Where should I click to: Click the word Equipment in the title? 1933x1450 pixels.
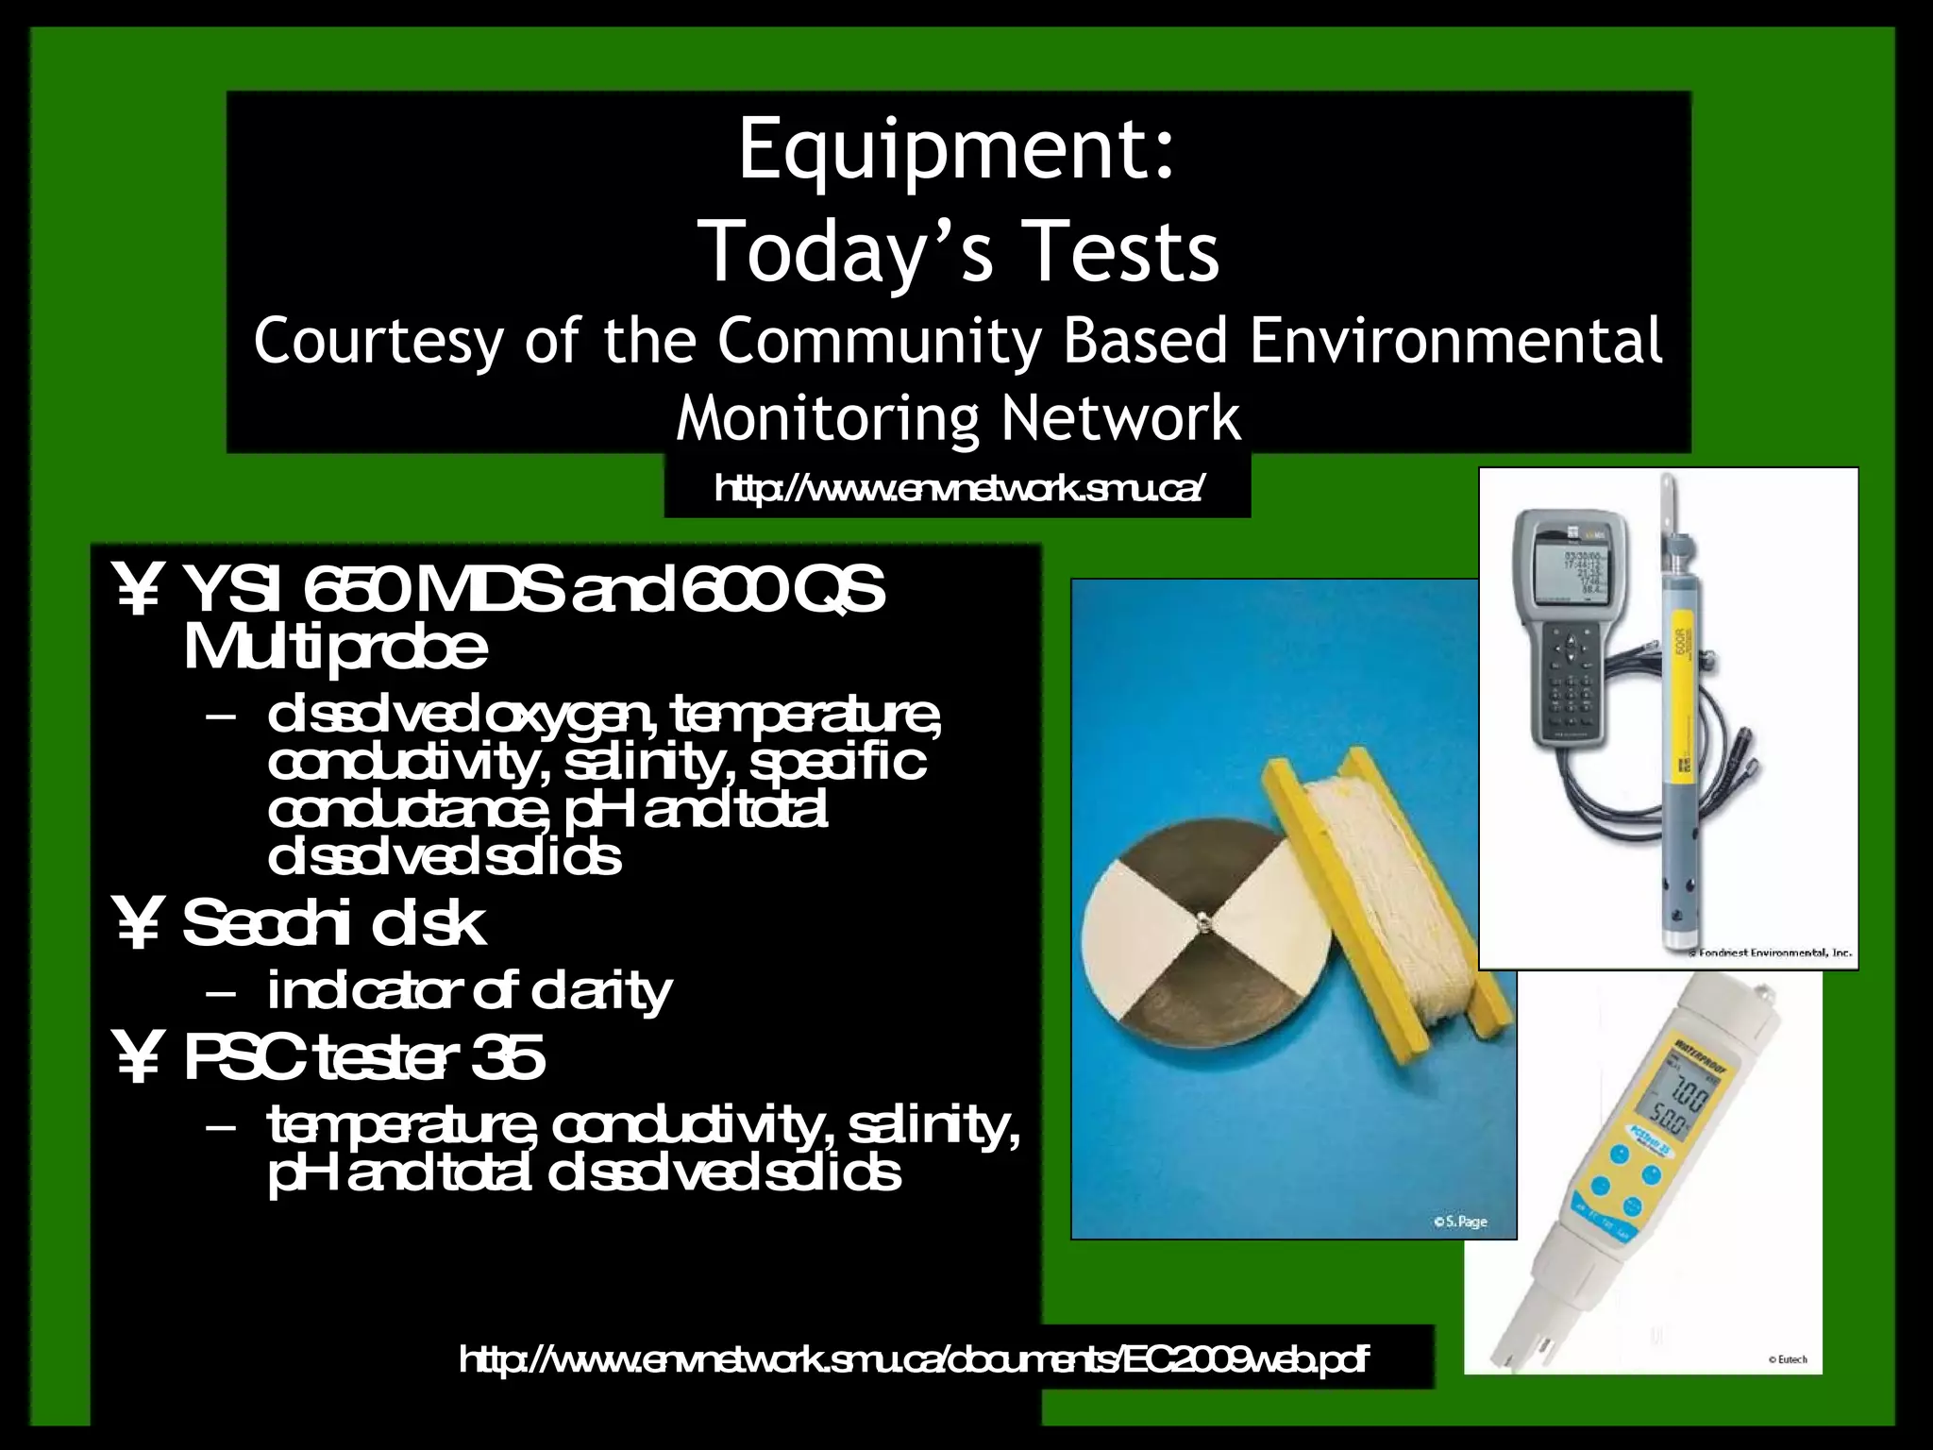953,151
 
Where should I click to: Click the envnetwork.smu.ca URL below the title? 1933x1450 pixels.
958,489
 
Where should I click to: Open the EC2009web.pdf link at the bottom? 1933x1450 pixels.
914,1360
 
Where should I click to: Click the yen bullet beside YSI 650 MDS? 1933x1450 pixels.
138,592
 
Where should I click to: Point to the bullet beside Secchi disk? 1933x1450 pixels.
138,925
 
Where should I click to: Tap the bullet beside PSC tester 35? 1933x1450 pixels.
138,1059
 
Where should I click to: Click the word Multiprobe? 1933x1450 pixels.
335,649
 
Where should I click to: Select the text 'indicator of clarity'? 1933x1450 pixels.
469,991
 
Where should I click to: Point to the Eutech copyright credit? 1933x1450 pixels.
1787,1359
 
